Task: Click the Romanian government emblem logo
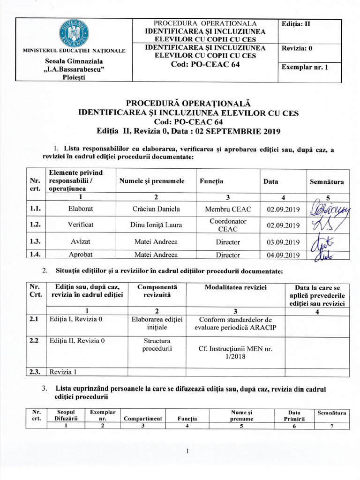[74, 33]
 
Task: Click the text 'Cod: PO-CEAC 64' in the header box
[206, 64]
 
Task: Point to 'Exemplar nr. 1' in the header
[305, 67]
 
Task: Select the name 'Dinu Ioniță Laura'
[156, 225]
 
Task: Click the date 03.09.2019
[283, 242]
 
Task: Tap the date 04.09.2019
[283, 255]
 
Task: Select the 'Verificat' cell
[81, 225]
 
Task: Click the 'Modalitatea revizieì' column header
[235, 287]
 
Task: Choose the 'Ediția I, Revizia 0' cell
[76, 320]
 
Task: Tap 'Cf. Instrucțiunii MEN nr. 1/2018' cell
[235, 352]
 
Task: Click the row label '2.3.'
[34, 372]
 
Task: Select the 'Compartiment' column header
[142, 419]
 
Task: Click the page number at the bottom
[187, 451]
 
